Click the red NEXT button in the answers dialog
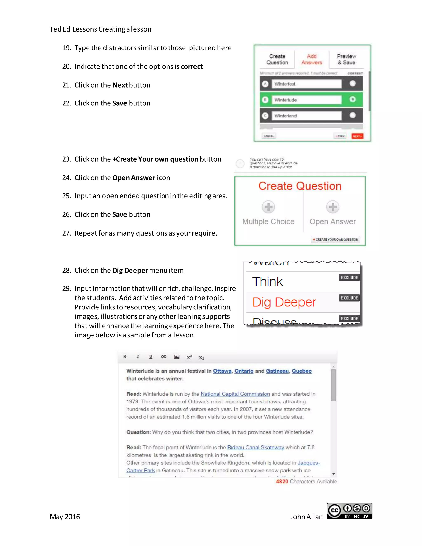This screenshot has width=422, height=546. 357,136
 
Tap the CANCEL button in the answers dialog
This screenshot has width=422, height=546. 269,136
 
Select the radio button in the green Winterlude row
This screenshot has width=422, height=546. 353,99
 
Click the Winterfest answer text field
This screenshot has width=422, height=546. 306,84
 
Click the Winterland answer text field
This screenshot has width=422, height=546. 306,116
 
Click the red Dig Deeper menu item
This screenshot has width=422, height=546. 284,302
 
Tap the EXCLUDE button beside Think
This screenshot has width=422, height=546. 349,277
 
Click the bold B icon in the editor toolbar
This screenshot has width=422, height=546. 125,356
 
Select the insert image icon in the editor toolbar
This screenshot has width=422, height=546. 177,356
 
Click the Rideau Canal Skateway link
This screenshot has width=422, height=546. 256,447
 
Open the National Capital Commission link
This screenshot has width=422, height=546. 235,394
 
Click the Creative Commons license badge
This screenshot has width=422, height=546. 349,511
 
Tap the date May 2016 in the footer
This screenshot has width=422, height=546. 65,517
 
